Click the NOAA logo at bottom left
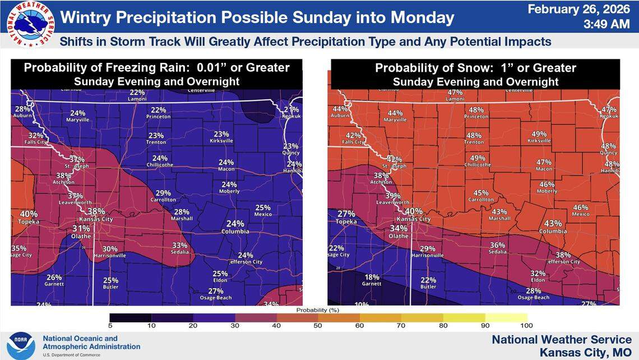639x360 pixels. click(x=21, y=343)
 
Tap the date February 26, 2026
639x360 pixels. click(x=575, y=9)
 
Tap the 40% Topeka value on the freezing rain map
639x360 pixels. click(x=29, y=214)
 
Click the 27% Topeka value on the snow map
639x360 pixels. click(x=346, y=214)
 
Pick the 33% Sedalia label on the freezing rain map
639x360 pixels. click(x=179, y=245)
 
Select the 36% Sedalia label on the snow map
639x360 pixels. click(x=497, y=245)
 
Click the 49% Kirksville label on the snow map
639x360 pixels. click(x=539, y=134)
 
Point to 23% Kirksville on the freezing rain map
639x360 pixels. click(x=221, y=134)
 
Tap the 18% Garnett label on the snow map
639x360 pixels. click(x=372, y=277)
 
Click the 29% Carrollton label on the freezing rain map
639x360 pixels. click(x=163, y=193)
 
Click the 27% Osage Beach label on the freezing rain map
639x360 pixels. click(x=215, y=290)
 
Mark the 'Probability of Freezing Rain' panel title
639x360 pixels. click(x=157, y=68)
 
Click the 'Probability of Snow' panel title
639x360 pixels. click(x=475, y=68)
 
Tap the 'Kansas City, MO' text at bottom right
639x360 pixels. click(x=585, y=352)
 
